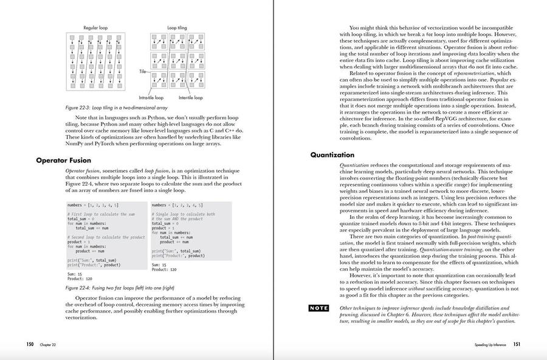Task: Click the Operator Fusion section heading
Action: coord(63,161)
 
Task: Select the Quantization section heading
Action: coord(332,155)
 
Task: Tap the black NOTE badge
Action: coord(318,308)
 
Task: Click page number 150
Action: coord(30,344)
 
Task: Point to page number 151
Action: coord(516,344)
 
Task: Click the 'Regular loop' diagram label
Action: coord(95,28)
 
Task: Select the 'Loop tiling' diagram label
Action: coord(177,28)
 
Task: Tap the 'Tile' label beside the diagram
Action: coord(143,71)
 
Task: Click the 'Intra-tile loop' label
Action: coord(151,97)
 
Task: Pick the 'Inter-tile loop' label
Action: coord(190,97)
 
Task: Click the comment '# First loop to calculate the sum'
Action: coord(101,214)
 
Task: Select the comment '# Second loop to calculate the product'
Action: coord(106,237)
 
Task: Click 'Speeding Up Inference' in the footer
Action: coord(492,345)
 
